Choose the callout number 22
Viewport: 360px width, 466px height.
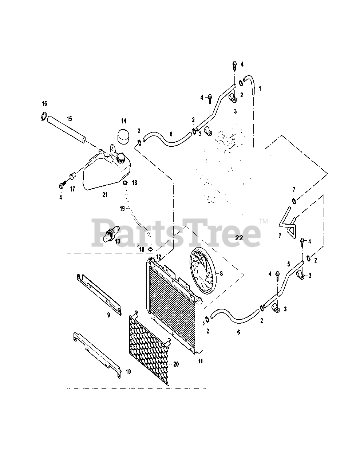pos(239,238)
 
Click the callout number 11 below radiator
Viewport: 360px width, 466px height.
pos(200,361)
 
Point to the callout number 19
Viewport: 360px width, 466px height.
pos(122,209)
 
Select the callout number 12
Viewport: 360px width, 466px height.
pos(158,257)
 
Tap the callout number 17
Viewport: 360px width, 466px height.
pos(72,189)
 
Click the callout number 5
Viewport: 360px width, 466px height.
pos(289,263)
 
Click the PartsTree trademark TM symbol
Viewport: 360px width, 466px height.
pos(264,221)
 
